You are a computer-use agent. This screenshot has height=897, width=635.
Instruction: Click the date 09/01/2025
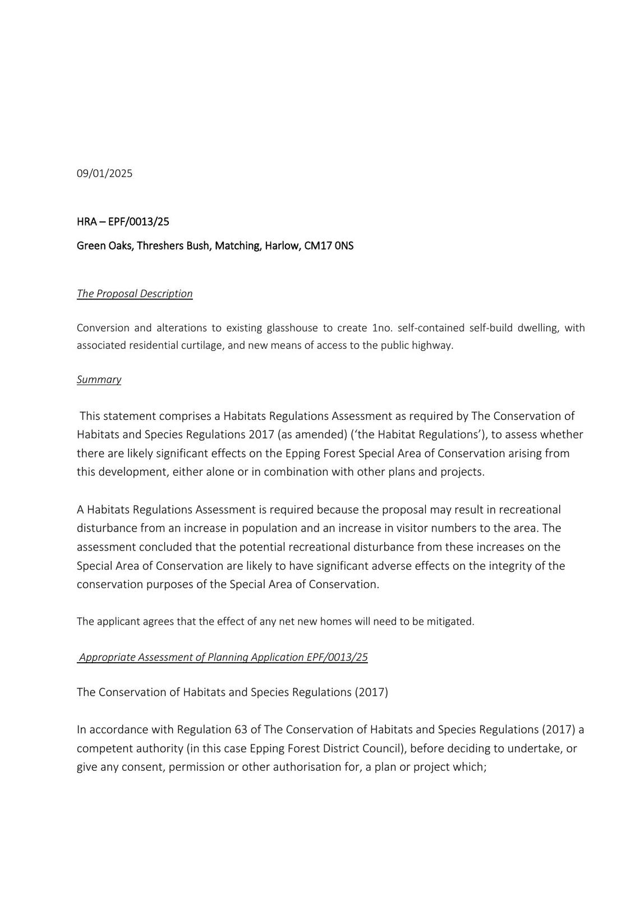(104, 173)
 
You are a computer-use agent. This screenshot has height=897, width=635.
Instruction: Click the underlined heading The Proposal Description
(135, 294)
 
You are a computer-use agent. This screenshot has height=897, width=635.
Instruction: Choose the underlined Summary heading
(99, 380)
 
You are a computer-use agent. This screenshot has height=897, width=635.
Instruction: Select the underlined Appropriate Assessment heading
(223, 657)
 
